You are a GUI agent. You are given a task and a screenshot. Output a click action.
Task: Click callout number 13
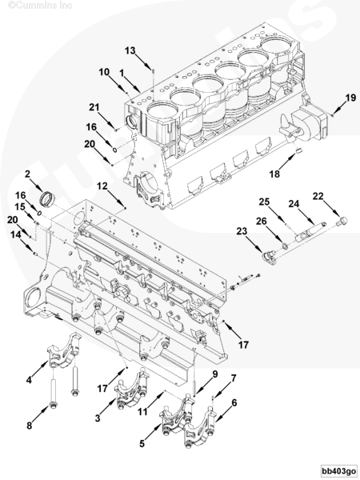[x=130, y=50]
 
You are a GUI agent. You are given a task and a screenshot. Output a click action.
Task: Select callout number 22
[x=318, y=196]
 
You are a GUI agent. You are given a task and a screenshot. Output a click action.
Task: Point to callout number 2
[x=27, y=174]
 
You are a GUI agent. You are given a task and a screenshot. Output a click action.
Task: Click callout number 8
[x=30, y=426]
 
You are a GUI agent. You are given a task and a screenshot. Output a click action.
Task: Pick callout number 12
[x=102, y=186]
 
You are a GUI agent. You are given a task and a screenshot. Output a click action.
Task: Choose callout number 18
[x=274, y=174]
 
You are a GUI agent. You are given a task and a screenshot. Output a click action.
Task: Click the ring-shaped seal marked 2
[x=48, y=198]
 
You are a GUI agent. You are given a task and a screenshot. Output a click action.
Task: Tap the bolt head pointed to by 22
[x=343, y=221]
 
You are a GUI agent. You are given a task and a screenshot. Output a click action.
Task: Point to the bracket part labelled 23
[x=269, y=257]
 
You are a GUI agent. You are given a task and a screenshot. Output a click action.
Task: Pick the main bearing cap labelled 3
[x=132, y=389]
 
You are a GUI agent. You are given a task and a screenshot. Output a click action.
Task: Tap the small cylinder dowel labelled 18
[x=300, y=150]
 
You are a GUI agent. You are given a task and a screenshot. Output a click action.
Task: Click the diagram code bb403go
[x=339, y=470]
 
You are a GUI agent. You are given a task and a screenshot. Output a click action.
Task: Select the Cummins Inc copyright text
[x=40, y=6]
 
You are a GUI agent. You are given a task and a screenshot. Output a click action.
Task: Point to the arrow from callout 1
[x=133, y=84]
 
